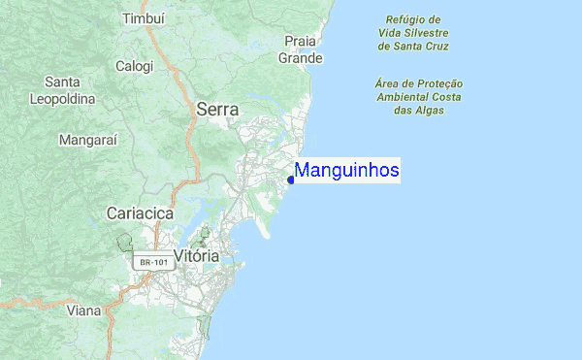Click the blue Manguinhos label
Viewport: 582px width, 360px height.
point(347,171)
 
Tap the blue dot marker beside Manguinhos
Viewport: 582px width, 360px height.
point(291,180)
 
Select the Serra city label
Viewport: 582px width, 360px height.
point(217,110)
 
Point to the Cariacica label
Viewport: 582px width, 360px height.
point(140,213)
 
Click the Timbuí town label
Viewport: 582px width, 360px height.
point(145,18)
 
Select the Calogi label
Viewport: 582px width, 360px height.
point(134,66)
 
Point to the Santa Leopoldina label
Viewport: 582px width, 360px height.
point(62,90)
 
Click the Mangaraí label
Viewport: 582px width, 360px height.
point(88,140)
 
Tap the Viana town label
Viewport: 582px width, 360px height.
point(83,311)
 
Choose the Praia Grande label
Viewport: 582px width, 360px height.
point(301,49)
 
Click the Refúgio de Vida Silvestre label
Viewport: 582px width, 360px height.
point(413,32)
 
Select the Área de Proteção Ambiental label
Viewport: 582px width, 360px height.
point(419,97)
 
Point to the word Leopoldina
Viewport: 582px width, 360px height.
point(62,99)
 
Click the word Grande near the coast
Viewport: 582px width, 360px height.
point(301,58)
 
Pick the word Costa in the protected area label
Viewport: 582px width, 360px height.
point(445,97)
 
